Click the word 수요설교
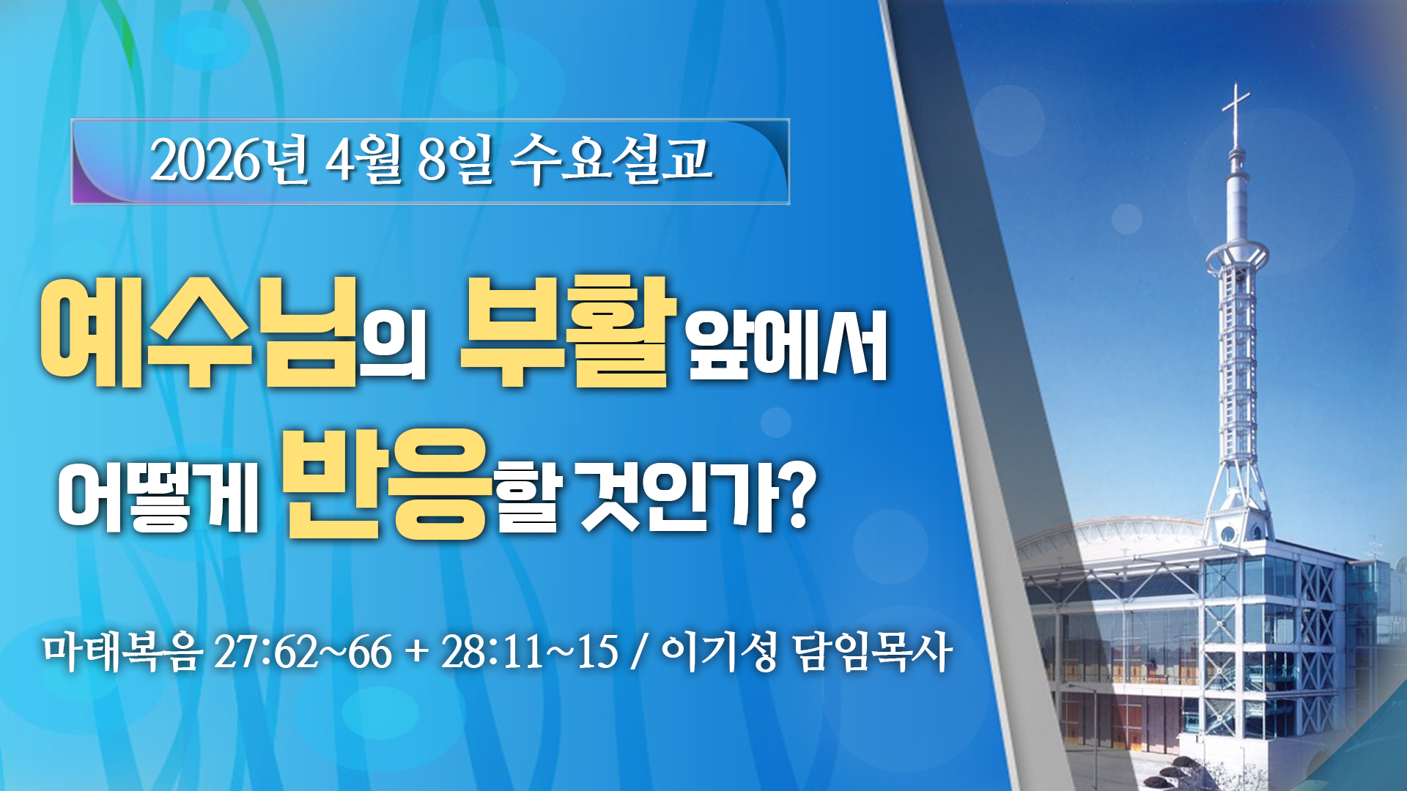coord(611,160)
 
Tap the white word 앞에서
coord(788,345)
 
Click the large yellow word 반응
coord(386,484)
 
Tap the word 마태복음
coord(122,651)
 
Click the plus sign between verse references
coord(416,652)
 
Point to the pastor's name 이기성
coord(719,651)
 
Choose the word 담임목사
coord(873,651)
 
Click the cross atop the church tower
coord(1236,114)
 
